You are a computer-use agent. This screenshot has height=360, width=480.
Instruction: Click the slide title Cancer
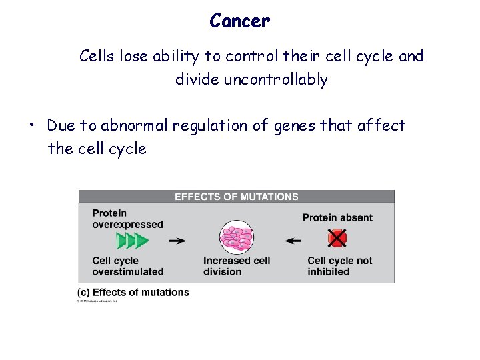coord(239,21)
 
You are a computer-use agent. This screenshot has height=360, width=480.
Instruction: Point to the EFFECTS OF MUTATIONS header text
coord(236,197)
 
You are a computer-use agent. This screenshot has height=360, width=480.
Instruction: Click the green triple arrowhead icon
coord(132,240)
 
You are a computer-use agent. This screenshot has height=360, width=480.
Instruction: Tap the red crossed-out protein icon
coord(337,238)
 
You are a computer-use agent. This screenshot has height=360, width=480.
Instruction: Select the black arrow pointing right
coord(177,241)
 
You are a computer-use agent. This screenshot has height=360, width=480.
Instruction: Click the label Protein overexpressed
coord(127,219)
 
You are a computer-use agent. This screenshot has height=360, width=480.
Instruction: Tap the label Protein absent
coord(337,217)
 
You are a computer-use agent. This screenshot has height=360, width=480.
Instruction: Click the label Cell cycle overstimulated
coord(127,266)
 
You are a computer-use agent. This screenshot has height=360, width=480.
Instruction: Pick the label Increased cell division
coord(236,266)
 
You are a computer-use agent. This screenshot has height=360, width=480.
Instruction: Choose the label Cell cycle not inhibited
coord(339,266)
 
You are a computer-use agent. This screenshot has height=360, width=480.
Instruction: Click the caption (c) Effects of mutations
coord(133,292)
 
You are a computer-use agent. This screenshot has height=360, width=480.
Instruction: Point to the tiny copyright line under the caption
coord(97,301)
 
